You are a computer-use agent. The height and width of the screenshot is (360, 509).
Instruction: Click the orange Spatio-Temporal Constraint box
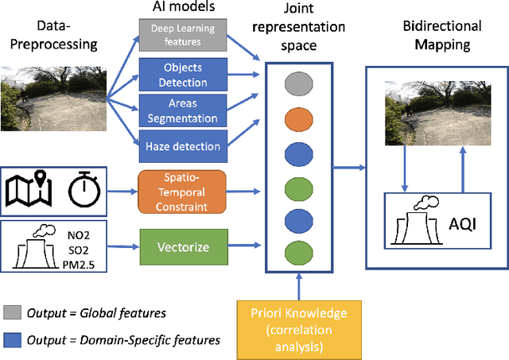click(x=181, y=191)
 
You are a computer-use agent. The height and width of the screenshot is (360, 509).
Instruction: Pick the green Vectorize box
click(x=181, y=246)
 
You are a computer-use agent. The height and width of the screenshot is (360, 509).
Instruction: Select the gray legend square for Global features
click(x=11, y=313)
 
